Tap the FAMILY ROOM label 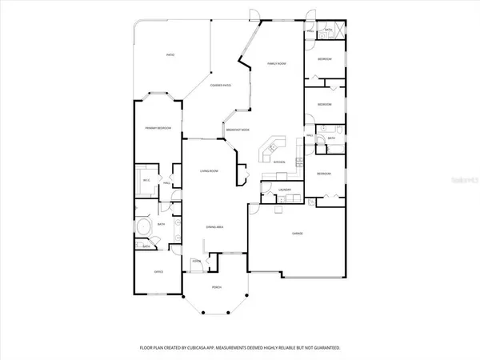coord(276,63)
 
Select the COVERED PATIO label coord(221,85)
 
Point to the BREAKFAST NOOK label coord(238,130)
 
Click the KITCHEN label coord(280,162)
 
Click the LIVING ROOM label coord(210,171)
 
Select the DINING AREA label coord(214,227)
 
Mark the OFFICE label coord(158,272)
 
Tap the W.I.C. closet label coord(146,180)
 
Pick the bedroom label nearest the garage coord(323,174)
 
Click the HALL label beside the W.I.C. coord(167,184)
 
